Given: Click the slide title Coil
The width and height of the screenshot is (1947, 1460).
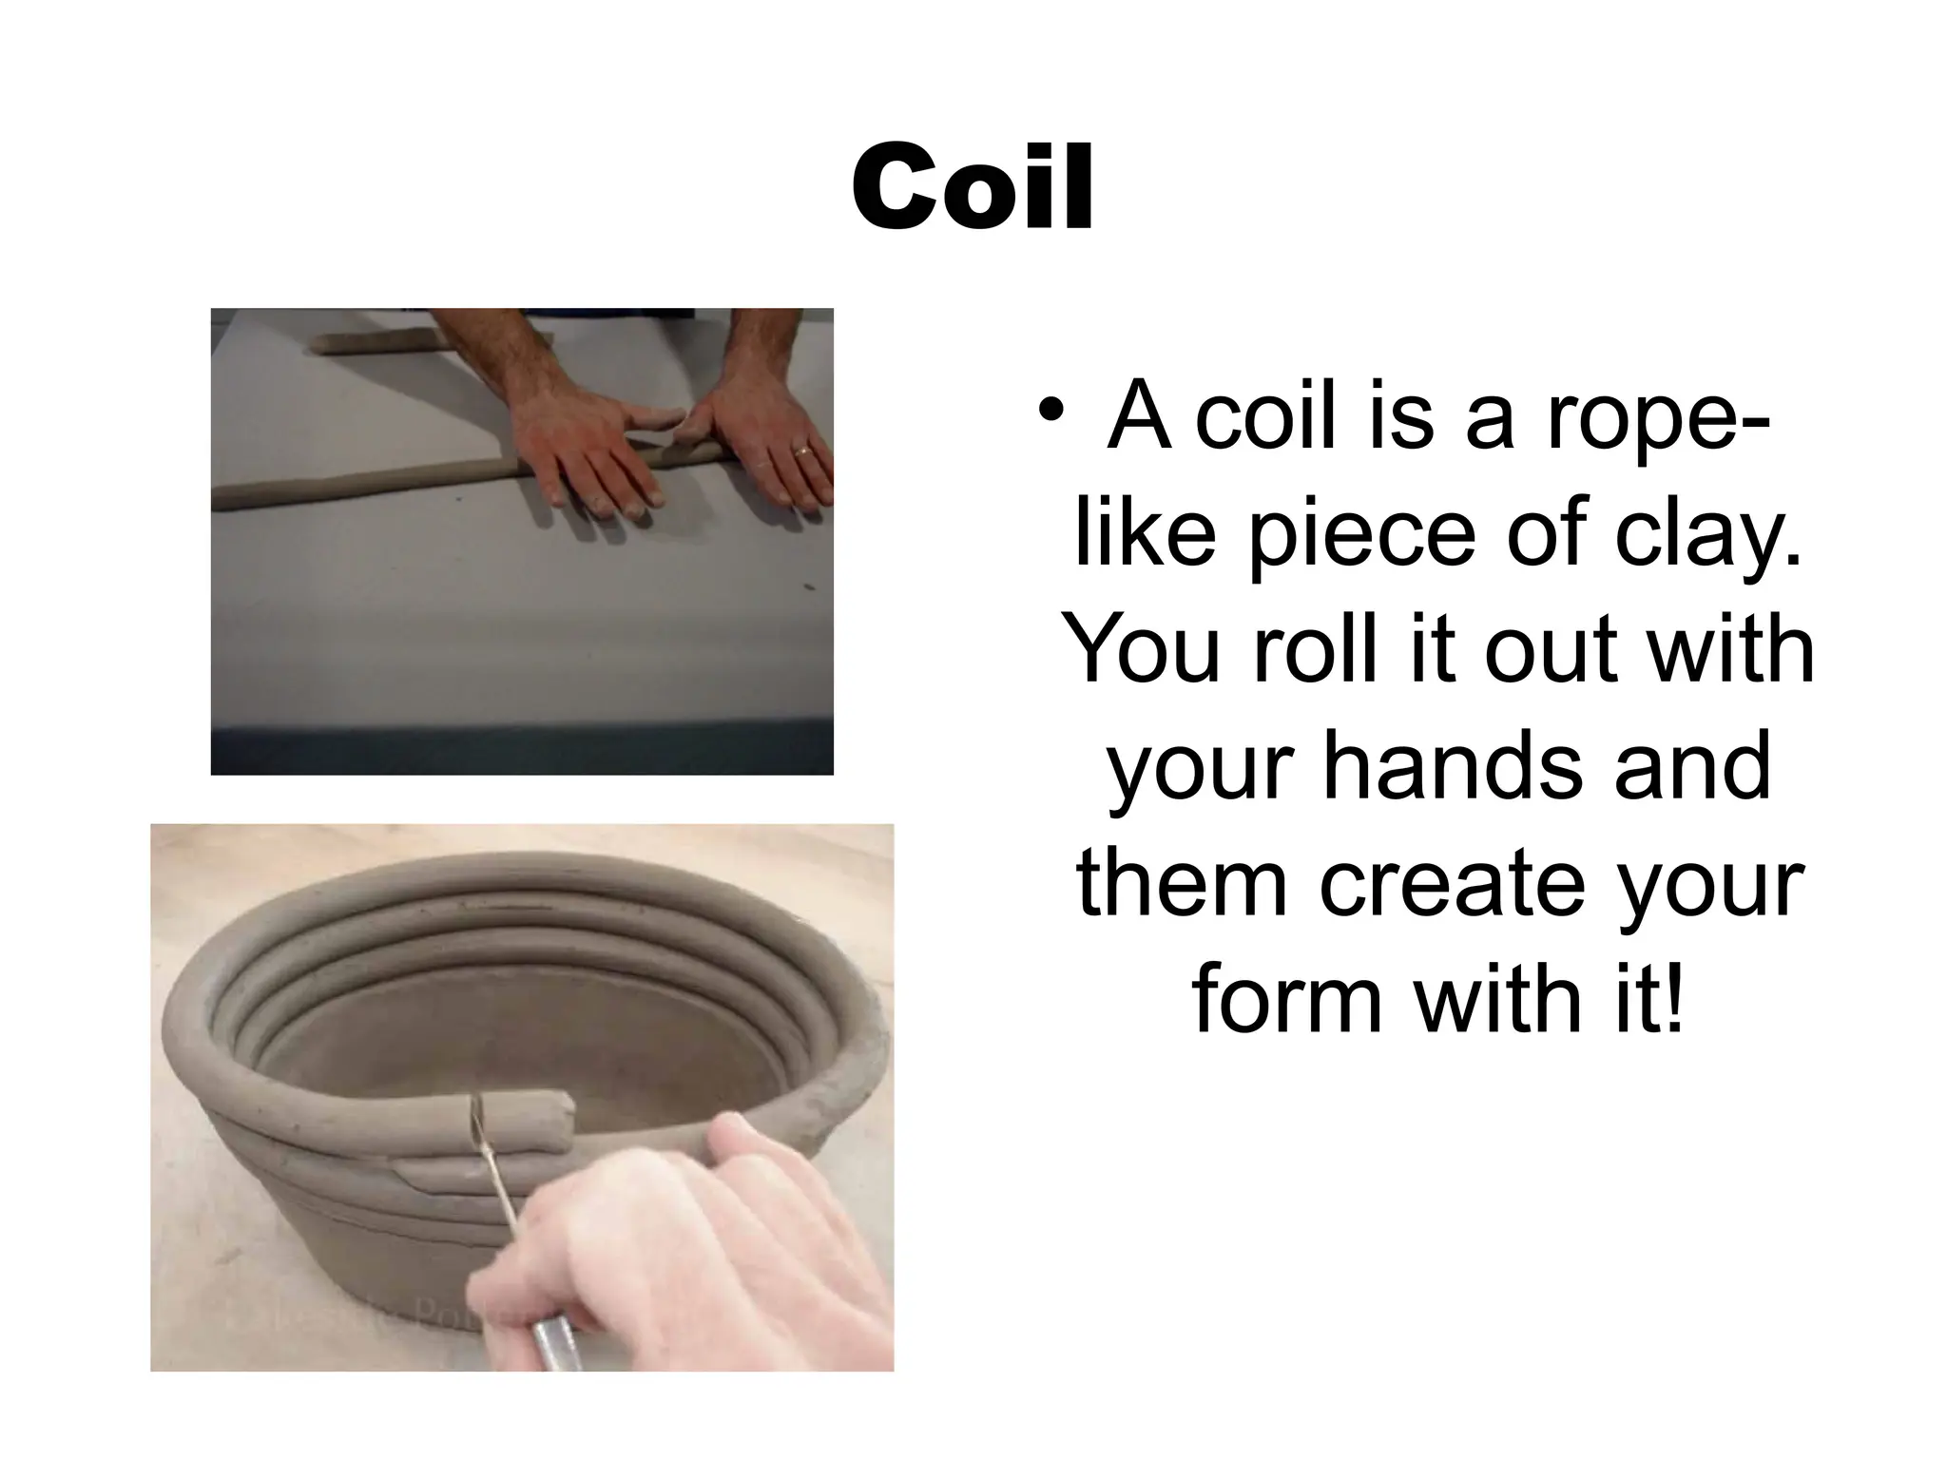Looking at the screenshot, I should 973,188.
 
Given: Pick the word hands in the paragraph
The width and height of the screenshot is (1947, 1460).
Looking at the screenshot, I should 1453,766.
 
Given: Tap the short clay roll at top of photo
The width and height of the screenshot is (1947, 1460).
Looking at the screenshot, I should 380,342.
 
